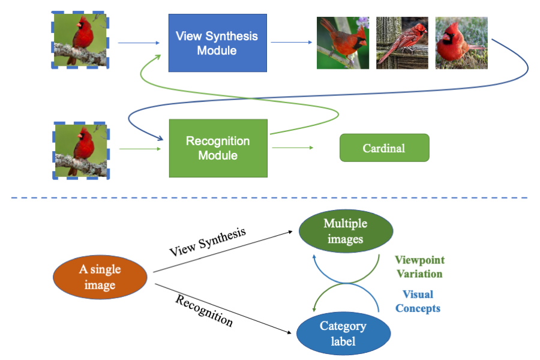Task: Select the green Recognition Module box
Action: [218, 148]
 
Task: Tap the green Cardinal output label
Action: [384, 148]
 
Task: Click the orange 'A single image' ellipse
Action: [100, 277]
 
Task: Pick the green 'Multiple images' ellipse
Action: [345, 232]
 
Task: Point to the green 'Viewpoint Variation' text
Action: [419, 267]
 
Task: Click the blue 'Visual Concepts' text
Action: [418, 301]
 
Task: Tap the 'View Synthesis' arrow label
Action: [208, 241]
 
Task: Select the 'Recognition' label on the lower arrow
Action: [204, 310]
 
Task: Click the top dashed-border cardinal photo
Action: [81, 40]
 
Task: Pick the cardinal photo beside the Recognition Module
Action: [81, 150]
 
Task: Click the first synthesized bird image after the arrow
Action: [343, 43]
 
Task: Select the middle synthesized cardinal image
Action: [402, 43]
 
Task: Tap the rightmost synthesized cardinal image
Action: [461, 43]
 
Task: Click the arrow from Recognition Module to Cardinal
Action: [292, 148]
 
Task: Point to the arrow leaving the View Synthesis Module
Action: [292, 43]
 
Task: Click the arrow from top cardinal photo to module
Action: [139, 43]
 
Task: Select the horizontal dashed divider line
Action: [270, 197]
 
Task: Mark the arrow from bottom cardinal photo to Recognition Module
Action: [140, 148]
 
